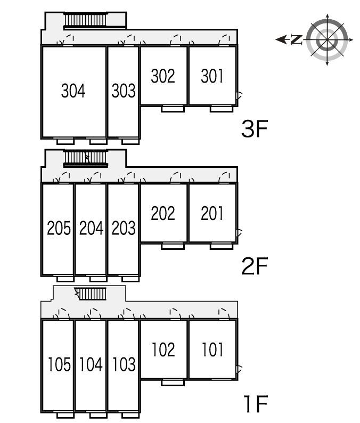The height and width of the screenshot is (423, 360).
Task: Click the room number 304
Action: [73, 91]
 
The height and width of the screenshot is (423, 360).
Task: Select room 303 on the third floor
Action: [124, 91]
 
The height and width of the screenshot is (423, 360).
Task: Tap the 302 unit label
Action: [163, 76]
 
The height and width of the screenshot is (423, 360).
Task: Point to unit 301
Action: [212, 76]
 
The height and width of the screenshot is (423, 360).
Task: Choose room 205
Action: [59, 228]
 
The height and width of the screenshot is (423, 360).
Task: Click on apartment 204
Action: [91, 228]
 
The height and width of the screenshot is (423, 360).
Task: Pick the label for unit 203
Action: [124, 228]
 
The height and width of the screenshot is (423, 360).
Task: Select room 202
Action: [163, 214]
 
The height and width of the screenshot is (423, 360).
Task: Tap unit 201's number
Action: [212, 214]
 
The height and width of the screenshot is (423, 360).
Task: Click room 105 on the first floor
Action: [59, 364]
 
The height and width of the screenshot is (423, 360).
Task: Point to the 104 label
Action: [91, 364]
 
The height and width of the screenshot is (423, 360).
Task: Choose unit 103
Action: [124, 364]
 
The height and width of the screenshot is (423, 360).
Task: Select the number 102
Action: [163, 349]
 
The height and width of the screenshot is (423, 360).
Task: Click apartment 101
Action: [213, 349]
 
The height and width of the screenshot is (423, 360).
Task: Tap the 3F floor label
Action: [255, 129]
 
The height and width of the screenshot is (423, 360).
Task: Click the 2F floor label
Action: [255, 266]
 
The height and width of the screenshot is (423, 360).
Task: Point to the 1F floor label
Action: [256, 404]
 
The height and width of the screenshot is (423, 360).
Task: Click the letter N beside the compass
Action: [296, 39]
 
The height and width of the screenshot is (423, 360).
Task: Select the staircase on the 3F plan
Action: [86, 20]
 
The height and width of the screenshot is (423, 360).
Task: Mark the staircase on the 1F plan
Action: [91, 294]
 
